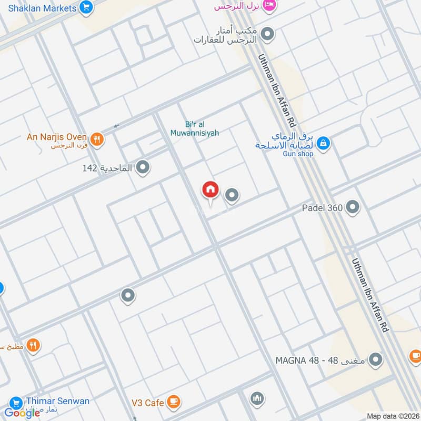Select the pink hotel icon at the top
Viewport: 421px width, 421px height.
[269, 5]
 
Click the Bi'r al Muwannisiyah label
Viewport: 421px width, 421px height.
[194, 129]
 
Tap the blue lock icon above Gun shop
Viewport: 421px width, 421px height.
[324, 142]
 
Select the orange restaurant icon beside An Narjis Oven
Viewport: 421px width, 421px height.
[97, 139]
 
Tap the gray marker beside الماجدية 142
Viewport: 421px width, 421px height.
[143, 168]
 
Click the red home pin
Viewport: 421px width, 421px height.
[210, 190]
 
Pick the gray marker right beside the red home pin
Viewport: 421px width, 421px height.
[232, 196]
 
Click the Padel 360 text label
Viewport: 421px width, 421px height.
[322, 208]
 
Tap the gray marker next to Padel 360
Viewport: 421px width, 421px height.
[353, 207]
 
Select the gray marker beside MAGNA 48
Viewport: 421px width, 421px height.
[375, 360]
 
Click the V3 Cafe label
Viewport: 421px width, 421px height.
[148, 403]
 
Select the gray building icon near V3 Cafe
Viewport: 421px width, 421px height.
[257, 398]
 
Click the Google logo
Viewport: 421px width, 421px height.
[22, 413]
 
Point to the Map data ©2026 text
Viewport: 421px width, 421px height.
[393, 416]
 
